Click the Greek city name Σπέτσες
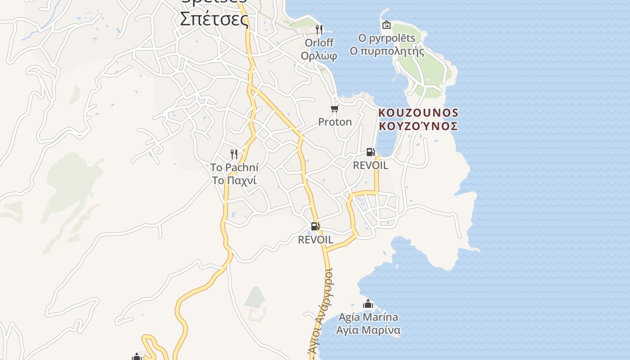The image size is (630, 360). [x=214, y=19]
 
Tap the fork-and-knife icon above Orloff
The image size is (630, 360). [x=319, y=30]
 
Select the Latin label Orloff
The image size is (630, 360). [x=319, y=43]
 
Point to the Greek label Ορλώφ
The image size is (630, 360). [x=319, y=56]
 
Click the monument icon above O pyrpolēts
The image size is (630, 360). [x=386, y=25]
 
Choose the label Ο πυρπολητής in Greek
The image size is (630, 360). [x=387, y=51]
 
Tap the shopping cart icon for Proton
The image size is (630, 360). [x=334, y=109]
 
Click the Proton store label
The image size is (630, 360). [x=335, y=122]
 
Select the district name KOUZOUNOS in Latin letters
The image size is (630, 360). [x=418, y=112]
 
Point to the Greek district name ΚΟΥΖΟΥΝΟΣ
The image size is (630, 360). [x=418, y=126]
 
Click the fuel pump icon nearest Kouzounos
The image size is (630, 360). [x=371, y=152]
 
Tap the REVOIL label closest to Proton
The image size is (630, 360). [x=370, y=165]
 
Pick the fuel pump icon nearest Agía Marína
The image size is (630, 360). [x=315, y=226]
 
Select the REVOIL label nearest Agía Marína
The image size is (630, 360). [x=315, y=240]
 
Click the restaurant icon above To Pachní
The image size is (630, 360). [x=234, y=154]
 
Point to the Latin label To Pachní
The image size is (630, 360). [x=234, y=168]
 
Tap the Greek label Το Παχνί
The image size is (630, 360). [x=234, y=180]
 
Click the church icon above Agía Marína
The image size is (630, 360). [x=368, y=304]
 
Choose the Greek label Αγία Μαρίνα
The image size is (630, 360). [x=368, y=330]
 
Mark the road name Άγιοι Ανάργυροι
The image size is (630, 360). [x=320, y=310]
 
